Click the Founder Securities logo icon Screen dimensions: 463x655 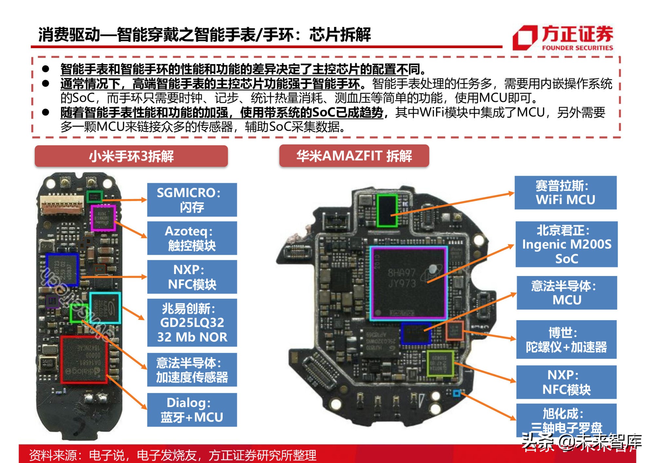525,38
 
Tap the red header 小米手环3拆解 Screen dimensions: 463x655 131,156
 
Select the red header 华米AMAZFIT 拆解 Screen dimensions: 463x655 354,156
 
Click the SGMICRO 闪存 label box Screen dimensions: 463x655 192,200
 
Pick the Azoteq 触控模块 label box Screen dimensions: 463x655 192,238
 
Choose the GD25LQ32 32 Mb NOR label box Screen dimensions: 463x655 192,323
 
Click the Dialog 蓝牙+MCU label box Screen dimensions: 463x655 192,410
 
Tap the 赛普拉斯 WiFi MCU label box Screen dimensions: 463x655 565,193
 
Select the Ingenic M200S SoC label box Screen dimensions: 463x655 566,244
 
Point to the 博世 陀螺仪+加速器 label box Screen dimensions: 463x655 566,340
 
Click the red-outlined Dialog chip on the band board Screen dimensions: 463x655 84,359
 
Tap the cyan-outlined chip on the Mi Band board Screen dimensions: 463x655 105,308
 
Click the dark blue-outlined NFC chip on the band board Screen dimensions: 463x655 62,269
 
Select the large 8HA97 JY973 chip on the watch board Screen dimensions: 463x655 409,283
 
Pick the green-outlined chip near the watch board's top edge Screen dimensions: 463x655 387,210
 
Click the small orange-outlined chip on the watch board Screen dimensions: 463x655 455,330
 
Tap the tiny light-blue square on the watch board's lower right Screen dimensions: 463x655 457,393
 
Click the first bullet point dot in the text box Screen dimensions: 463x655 46,69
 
